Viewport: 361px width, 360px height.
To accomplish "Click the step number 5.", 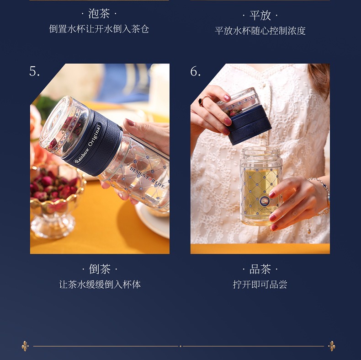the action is (35, 71).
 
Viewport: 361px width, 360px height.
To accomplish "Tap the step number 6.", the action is (196, 71).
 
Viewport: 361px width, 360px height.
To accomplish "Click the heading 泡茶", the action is (99, 14).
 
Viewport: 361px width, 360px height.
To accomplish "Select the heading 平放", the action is (260, 16).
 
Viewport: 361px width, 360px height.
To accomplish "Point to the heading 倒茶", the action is (100, 269).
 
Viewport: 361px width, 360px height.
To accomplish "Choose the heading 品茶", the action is (260, 269).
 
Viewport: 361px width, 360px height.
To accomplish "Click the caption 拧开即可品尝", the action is (260, 285).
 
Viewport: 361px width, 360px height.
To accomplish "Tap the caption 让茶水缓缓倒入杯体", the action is (100, 285).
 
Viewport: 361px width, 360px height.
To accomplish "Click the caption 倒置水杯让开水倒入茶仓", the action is (99, 29).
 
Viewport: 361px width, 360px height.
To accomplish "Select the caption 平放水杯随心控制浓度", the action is (260, 31).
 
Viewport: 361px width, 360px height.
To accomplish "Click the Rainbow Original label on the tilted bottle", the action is (88, 144).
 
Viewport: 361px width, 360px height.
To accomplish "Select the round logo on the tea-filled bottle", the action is (265, 201).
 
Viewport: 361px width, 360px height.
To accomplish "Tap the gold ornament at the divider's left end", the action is (25, 346).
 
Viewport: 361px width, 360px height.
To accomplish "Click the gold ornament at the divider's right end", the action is (332, 346).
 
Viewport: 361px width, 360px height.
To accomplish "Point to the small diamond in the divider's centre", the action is (180, 346).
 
